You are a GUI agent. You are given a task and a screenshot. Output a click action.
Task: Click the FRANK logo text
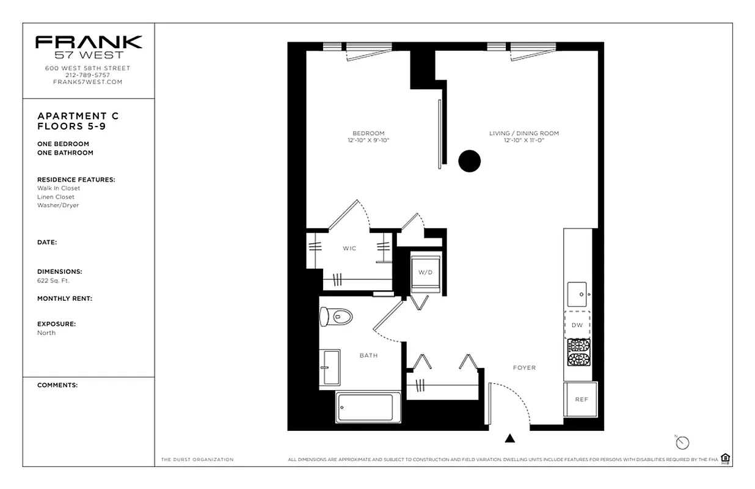coord(89,42)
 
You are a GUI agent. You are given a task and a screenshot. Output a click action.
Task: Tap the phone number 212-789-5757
coord(88,75)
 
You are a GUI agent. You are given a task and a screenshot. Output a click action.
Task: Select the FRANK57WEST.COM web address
coord(88,82)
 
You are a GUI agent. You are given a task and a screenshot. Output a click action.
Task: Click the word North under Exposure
coord(46,333)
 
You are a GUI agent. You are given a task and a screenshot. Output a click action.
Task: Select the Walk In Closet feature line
coord(59,188)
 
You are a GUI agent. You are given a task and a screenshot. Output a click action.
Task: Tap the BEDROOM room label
coord(368,133)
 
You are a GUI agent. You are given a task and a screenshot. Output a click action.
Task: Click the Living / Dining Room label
coord(523,133)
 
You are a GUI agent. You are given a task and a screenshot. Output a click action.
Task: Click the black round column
coord(469,161)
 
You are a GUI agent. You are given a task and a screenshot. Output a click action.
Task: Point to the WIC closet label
coord(349,248)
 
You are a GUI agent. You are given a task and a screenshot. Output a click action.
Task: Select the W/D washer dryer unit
coord(426,272)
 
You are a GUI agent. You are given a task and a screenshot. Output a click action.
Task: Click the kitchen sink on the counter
coord(577,294)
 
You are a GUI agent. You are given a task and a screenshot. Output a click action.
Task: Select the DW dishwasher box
coord(577,325)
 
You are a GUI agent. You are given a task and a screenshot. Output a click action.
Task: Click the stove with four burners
coord(578,352)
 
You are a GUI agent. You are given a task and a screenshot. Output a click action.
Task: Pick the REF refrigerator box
coord(580,399)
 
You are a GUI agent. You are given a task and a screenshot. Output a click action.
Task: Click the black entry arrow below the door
coord(510,438)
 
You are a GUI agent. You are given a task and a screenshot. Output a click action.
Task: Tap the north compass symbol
coord(682,443)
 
